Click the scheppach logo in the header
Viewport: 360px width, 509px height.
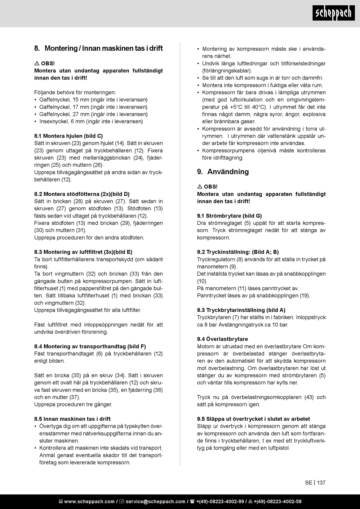tap(333, 14)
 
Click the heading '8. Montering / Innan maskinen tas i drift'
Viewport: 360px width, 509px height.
tap(99, 48)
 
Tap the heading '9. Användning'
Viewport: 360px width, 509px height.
tap(223, 172)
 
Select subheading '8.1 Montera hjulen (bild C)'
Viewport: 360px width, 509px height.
tap(69, 136)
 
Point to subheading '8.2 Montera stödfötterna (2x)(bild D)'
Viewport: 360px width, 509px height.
tap(82, 194)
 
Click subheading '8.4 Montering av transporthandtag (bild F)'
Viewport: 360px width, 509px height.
tap(90, 346)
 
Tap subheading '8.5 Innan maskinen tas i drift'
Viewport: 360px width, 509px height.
tap(72, 419)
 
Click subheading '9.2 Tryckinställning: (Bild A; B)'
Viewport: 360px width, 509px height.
tap(238, 252)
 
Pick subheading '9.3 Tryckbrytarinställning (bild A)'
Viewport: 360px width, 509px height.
tap(241, 310)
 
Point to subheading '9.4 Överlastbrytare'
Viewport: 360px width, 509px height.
tap(222, 339)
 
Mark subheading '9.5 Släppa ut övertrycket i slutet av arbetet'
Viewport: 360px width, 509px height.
tap(254, 419)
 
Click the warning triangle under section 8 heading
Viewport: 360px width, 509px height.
tap(37, 63)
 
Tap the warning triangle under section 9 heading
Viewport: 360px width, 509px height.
tap(200, 187)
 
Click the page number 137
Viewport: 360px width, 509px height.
tap(321, 482)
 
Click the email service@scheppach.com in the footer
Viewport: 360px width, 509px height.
tap(155, 502)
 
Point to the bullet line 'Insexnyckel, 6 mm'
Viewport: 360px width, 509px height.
tap(91, 122)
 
